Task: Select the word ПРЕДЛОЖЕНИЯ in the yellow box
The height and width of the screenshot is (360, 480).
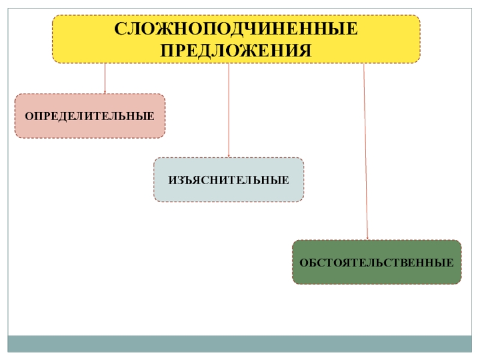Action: pos(236,49)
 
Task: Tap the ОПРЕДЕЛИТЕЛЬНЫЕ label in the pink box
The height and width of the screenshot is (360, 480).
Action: pos(89,116)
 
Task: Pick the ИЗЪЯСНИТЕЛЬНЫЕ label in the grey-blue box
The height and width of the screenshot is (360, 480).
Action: pos(229,180)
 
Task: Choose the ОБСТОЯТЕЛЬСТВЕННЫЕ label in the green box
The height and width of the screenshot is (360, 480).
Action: pos(377,263)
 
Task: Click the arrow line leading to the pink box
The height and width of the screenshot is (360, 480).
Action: pos(105,78)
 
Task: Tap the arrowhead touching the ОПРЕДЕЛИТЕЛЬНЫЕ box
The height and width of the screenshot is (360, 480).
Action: pos(105,92)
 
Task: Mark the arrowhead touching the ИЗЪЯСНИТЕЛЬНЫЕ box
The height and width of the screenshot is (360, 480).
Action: pos(229,156)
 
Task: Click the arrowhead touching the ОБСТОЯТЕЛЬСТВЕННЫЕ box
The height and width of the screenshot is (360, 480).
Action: pos(367,238)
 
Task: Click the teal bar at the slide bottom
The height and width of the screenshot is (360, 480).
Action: pos(240,343)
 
